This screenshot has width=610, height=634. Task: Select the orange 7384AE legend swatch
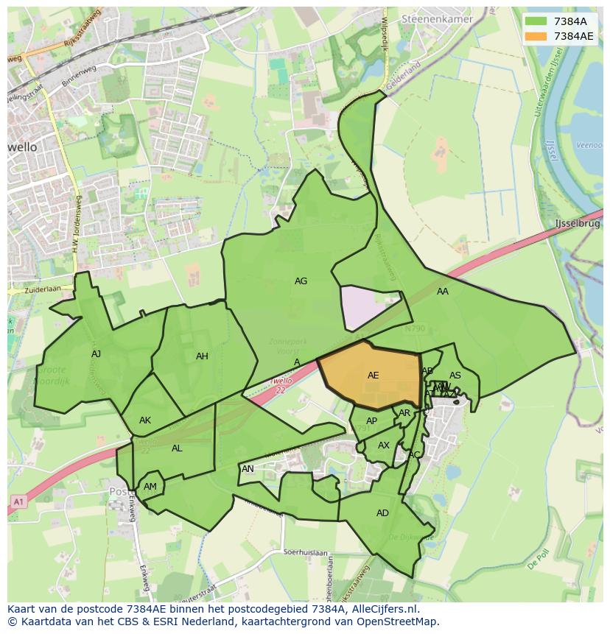[x=537, y=36]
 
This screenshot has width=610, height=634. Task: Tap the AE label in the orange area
[x=373, y=376]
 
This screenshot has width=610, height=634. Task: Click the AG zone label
[x=301, y=281]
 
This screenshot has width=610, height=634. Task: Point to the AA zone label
[x=442, y=292]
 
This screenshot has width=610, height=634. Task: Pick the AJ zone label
[x=96, y=354]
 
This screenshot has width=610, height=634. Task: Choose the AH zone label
[x=202, y=356]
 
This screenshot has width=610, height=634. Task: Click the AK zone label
[x=145, y=420]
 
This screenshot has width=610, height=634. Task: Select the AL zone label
[x=177, y=448]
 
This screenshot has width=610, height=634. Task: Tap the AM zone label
[x=150, y=487]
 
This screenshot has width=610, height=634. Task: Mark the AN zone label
[x=248, y=469]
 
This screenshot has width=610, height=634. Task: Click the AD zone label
[x=382, y=513]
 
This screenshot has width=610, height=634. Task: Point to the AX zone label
[x=384, y=445]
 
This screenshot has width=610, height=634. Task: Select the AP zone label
[x=371, y=421]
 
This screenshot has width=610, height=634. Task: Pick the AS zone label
[x=455, y=376]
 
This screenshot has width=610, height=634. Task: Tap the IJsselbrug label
[x=578, y=223]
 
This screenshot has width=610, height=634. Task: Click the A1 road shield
[x=18, y=501]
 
